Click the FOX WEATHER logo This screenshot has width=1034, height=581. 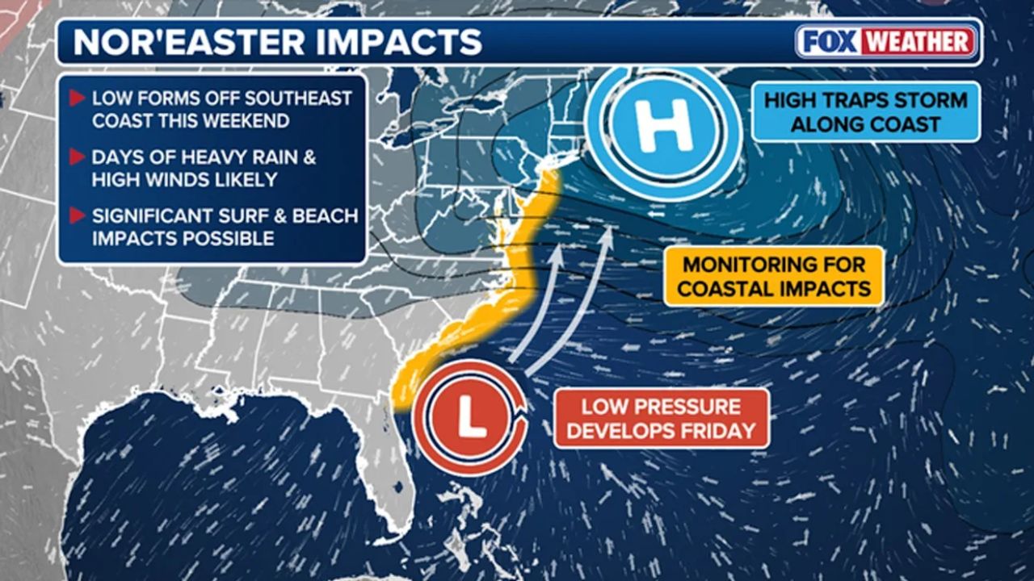886,41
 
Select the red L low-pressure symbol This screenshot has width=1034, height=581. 468,417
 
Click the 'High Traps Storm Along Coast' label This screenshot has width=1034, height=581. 865,112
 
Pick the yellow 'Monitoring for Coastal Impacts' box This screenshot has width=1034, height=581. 773,276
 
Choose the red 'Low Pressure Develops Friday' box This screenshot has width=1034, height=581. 661,418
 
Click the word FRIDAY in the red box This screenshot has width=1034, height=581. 712,430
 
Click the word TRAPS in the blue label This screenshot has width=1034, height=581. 847,101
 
